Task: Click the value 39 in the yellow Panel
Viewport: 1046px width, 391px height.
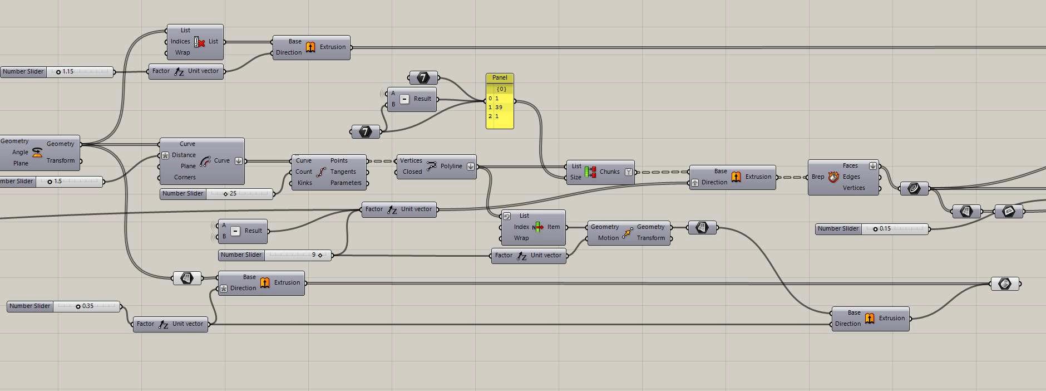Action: (x=499, y=107)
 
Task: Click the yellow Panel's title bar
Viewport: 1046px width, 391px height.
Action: (x=500, y=77)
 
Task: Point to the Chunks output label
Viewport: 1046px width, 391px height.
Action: (x=609, y=172)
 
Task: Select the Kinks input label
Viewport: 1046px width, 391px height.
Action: (x=305, y=183)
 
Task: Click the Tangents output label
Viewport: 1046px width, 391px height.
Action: (x=343, y=172)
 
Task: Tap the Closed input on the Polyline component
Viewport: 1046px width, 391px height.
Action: (x=412, y=172)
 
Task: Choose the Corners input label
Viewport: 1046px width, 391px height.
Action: (x=185, y=177)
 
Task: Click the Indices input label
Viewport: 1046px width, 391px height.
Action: (x=180, y=41)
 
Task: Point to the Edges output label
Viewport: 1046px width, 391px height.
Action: (x=851, y=177)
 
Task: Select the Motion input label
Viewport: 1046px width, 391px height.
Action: (x=608, y=238)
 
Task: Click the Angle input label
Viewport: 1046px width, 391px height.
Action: (x=20, y=152)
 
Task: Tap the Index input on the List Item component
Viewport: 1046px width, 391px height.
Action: (x=521, y=227)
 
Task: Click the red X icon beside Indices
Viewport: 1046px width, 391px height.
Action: (x=200, y=42)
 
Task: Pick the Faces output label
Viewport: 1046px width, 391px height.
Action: (x=850, y=165)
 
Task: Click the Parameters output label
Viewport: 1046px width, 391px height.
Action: (x=346, y=183)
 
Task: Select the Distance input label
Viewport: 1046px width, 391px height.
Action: (x=184, y=155)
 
